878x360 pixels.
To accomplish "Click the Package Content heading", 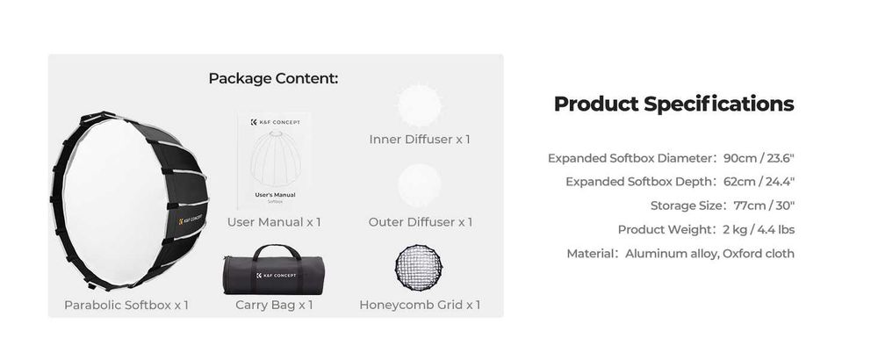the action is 273,78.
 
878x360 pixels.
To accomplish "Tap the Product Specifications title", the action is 673,104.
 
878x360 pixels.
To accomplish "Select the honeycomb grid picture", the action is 419,268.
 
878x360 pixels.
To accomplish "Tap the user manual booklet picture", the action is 274,161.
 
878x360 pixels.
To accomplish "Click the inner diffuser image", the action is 419,105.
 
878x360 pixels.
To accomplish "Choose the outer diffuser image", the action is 419,185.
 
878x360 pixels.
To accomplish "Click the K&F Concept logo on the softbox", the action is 191,219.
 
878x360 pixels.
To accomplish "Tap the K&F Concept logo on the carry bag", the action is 276,276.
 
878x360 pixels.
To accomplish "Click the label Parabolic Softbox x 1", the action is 126,306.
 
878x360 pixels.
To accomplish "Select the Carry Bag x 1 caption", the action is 274,306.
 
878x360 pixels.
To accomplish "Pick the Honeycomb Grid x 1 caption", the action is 420,306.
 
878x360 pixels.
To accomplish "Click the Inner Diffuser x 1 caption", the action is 420,140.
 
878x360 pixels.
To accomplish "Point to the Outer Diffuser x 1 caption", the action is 421,222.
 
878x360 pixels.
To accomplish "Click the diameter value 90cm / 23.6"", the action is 759,158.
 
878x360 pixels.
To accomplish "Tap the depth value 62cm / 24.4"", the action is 759,182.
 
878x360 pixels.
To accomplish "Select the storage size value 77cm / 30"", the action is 764,205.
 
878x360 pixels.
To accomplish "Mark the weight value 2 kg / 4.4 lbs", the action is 759,229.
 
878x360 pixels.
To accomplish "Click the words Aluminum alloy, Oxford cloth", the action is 709,254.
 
